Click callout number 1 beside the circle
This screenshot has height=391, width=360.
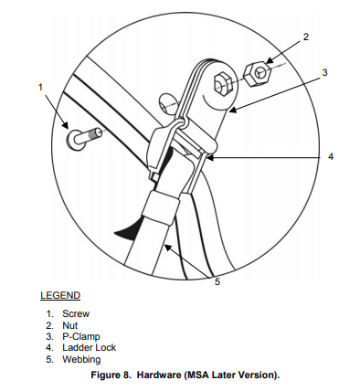pos(40,88)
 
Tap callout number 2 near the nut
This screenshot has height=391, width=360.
pos(306,37)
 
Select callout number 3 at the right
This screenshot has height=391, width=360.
pos(324,72)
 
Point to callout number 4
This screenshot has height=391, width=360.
pos(331,156)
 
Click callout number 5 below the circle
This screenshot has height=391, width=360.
pos(217,281)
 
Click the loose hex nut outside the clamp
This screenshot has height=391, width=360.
pos(258,74)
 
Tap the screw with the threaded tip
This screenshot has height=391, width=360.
pos(83,139)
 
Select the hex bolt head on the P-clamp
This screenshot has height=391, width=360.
pos(223,84)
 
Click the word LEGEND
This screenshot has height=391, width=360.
pos(60,295)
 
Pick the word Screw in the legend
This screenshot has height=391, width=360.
pos(76,313)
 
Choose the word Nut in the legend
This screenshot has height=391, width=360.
pos(70,325)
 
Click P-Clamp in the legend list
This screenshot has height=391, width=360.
pos(81,336)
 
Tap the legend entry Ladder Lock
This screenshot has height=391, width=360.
pos(89,347)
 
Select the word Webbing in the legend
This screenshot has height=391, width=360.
pos(81,359)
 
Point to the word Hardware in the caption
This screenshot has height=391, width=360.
pos(159,375)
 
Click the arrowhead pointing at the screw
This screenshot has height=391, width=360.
pos(65,124)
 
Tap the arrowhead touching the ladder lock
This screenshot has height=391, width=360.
pos(211,158)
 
